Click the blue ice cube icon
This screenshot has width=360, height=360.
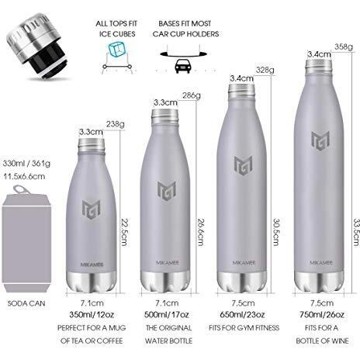coord(117,49)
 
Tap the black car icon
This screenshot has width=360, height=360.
coord(183,66)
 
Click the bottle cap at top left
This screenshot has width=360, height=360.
coord(36,46)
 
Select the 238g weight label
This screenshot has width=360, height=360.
coord(116,124)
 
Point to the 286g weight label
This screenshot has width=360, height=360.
coord(192,95)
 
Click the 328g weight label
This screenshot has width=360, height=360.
coord(265,70)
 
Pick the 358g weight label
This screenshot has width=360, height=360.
coord(344,47)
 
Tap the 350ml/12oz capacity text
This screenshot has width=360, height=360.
coord(92,315)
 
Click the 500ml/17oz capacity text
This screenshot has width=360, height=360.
coord(167,315)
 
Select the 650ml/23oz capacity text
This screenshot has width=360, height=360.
coord(242,315)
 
